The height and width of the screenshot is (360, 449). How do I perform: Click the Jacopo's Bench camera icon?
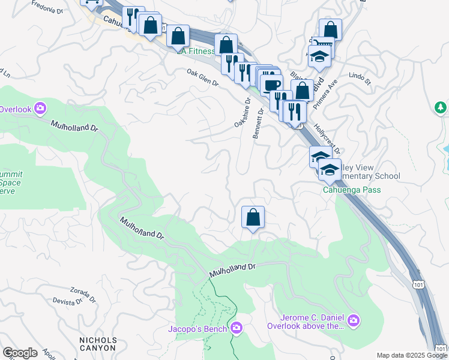tap(237, 328)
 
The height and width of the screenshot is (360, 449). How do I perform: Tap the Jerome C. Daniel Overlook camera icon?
tap(354, 321)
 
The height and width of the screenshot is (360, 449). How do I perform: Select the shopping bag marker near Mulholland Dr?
tap(253, 218)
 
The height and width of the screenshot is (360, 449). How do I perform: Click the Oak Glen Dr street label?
tap(202, 78)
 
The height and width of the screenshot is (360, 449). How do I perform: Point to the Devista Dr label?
tap(67, 301)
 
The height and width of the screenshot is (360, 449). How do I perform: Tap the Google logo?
tap(20, 353)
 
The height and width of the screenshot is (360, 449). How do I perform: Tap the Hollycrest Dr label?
tap(327, 139)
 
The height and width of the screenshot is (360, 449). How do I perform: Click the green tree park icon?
tap(441, 108)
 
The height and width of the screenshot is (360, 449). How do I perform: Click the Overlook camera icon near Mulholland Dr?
tap(40, 109)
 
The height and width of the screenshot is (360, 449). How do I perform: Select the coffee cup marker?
tap(271, 85)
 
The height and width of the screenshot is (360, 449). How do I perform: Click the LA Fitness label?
tap(197, 51)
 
